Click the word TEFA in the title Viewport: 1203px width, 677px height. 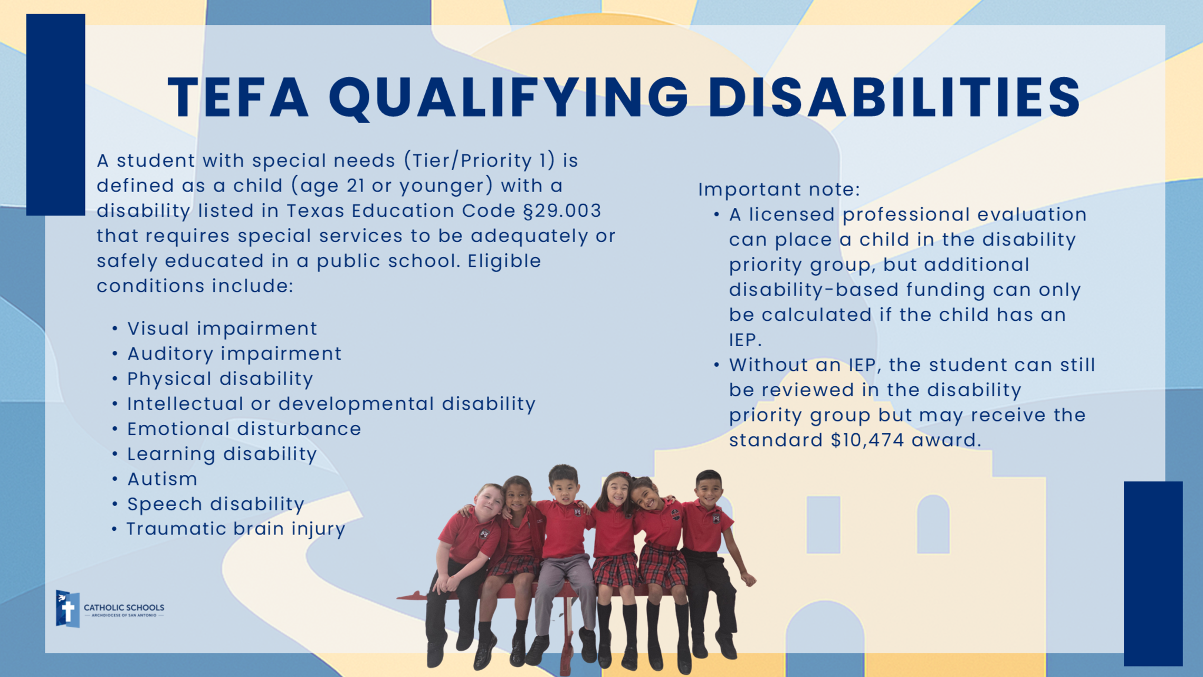(x=238, y=97)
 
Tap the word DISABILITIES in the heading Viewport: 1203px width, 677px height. (x=894, y=97)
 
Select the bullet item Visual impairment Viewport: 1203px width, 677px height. (x=222, y=328)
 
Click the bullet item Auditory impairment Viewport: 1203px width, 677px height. (x=234, y=354)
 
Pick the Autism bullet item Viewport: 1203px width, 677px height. (x=163, y=479)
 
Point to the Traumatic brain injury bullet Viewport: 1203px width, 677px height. (x=236, y=529)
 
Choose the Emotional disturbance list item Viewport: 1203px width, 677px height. (x=244, y=429)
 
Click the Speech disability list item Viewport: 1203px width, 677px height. (x=216, y=504)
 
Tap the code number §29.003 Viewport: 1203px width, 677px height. (x=562, y=211)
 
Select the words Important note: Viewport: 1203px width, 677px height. (x=779, y=189)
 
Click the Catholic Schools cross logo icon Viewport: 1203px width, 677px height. (x=68, y=609)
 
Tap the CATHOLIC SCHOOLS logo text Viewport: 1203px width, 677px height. (x=124, y=608)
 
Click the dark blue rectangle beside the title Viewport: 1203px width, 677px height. (x=56, y=115)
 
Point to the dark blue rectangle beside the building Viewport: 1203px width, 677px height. (x=1153, y=573)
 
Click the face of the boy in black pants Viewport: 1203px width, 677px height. (x=708, y=489)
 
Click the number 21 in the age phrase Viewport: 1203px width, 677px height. (x=356, y=186)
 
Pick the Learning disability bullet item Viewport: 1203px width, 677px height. (x=222, y=454)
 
